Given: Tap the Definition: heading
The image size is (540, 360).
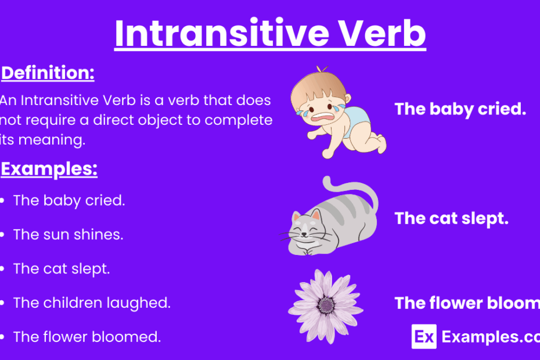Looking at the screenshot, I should tap(48, 74).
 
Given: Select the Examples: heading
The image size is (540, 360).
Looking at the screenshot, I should tap(49, 169).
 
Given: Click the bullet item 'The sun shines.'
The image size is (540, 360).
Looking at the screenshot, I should tap(69, 235).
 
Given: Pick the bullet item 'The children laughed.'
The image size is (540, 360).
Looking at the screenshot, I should tap(92, 303).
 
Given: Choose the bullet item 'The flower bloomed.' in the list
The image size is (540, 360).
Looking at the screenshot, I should tap(87, 336).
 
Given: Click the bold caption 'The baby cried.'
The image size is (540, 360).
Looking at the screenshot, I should tap(460, 109).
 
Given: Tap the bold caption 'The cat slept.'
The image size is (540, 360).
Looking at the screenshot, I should tap(452, 218).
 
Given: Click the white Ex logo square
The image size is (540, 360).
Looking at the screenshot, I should tap(423, 337).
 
